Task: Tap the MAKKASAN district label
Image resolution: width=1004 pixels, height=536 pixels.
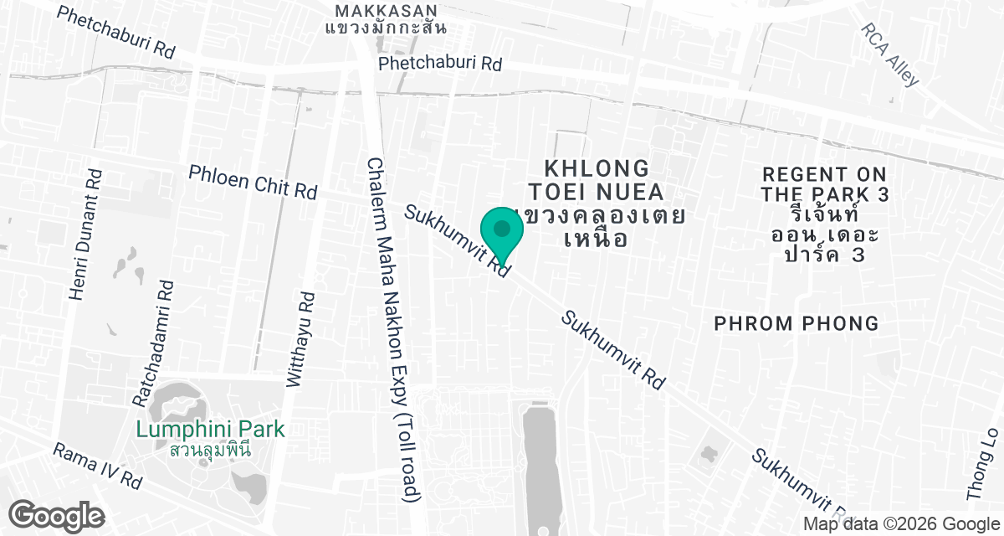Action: click(386, 11)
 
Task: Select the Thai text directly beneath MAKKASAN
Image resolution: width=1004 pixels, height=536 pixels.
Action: click(386, 28)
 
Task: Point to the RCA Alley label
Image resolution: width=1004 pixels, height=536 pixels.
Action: click(890, 54)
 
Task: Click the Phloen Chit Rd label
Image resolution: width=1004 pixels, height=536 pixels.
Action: click(253, 182)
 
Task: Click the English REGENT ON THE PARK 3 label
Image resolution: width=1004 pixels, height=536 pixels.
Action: click(824, 184)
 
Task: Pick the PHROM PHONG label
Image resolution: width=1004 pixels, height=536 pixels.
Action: click(796, 323)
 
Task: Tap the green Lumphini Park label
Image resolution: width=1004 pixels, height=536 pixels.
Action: click(211, 430)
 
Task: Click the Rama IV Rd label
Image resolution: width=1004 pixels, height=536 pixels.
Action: click(97, 466)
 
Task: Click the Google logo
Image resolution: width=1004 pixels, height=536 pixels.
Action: click(56, 514)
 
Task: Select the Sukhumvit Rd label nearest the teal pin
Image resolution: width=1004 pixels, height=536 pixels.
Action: click(457, 241)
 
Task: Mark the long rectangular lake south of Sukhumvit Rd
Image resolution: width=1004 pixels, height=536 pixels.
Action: click(542, 461)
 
